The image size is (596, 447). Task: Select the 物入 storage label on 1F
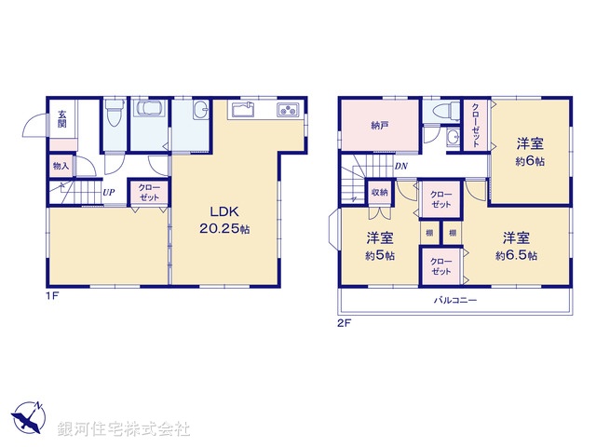[61, 166]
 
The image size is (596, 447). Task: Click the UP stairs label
[109, 193]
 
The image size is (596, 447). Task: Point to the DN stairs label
[400, 167]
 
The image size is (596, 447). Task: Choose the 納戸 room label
[379, 125]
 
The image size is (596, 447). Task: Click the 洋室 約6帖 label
[532, 150]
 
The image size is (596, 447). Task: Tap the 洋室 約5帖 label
[378, 245]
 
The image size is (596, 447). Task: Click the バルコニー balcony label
[455, 301]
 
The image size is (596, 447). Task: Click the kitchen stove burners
[287, 112]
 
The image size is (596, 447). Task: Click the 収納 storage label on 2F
[380, 192]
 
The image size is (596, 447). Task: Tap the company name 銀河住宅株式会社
[125, 429]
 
